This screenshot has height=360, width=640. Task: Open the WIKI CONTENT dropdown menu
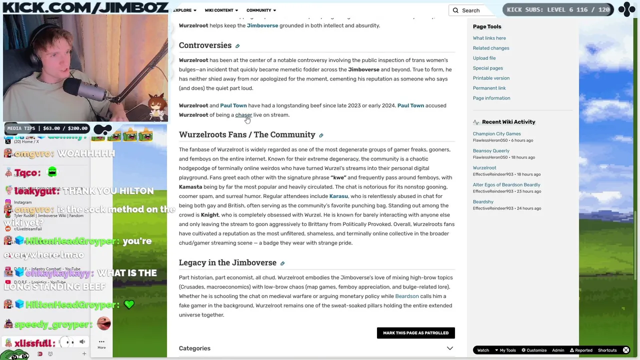click(221, 10)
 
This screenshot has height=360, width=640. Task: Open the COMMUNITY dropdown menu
click(261, 10)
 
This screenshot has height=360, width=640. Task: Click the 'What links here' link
click(489, 38)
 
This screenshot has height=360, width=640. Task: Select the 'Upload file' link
click(484, 58)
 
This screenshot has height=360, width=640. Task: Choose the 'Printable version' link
click(491, 78)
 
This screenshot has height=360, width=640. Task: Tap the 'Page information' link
click(491, 98)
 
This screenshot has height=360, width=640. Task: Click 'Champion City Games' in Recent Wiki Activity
click(496, 134)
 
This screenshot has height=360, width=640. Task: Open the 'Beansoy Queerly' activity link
click(491, 151)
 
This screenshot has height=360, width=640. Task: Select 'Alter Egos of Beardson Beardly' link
click(506, 185)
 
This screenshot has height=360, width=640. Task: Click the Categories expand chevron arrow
click(449, 348)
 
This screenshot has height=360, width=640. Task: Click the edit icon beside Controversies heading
click(237, 46)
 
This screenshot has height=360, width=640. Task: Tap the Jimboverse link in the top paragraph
click(262, 25)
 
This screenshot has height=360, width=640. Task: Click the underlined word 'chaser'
click(243, 115)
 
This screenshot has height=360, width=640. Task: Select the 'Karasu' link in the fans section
click(338, 196)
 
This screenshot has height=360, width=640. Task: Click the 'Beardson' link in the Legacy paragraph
click(406, 296)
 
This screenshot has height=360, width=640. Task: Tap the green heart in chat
click(129, 304)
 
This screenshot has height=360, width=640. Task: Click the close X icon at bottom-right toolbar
click(626, 350)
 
